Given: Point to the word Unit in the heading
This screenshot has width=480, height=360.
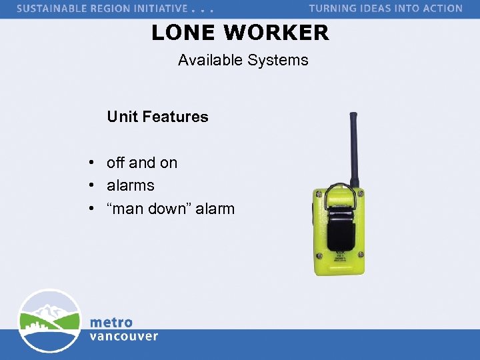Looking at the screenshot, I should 121,117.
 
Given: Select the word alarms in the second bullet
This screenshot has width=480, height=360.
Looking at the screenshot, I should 131,185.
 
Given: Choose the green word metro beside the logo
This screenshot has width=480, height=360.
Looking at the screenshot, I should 111,322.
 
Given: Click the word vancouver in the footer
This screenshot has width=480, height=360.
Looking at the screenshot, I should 124,336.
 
